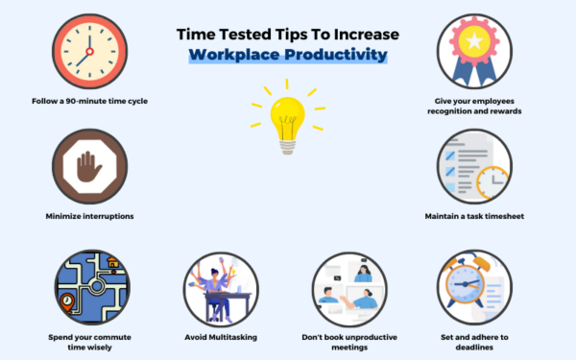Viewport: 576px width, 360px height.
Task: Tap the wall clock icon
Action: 87,53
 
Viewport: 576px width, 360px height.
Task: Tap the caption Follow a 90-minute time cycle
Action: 87,100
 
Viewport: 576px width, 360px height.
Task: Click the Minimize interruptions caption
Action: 87,216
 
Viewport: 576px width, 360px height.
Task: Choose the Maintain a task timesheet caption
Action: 475,216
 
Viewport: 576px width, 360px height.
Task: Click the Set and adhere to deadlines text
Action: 475,342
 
